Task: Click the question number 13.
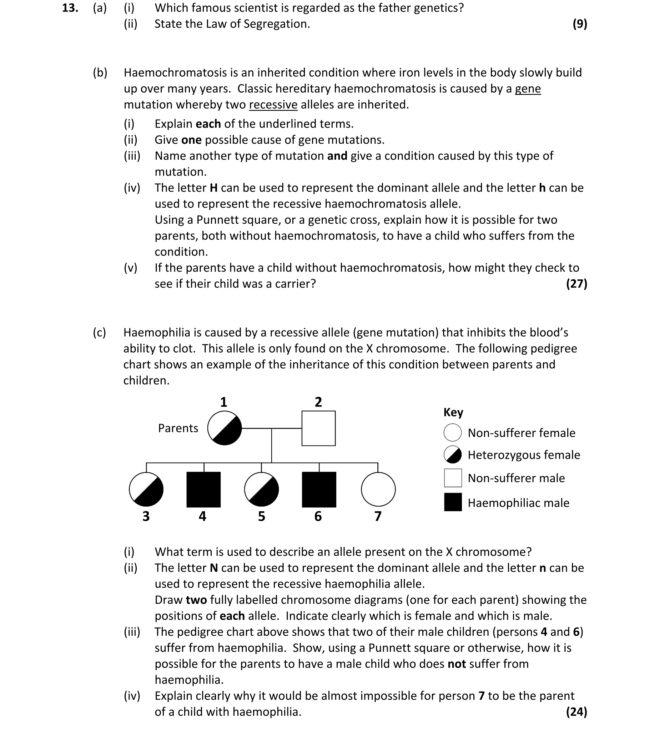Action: pos(70,8)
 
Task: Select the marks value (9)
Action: pos(580,24)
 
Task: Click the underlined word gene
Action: pos(528,89)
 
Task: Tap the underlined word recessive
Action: pos(273,105)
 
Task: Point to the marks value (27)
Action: pos(577,284)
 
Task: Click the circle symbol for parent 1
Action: pos(225,428)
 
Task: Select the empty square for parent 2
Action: pos(318,428)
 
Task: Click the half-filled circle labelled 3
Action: pos(146,489)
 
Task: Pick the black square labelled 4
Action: pos(203,489)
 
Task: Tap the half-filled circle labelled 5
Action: pos(261,489)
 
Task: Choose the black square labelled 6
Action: pos(319,489)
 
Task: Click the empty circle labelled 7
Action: pos(378,489)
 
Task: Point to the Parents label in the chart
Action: pos(178,428)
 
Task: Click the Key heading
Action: pos(453,412)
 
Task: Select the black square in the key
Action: pos(453,502)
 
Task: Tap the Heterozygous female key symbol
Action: pos(452,455)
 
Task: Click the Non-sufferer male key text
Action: pos(516,478)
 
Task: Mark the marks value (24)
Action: pos(577,712)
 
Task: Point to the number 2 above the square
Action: pos(318,402)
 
